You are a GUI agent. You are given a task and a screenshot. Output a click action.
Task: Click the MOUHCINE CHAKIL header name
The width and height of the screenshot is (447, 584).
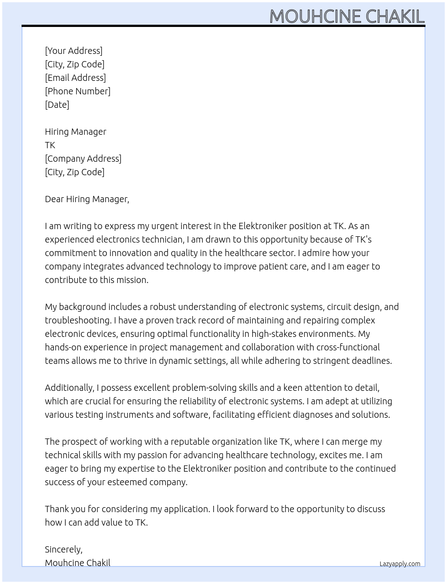[346, 17]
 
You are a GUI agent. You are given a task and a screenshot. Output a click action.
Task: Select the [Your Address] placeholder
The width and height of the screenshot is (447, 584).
[74, 51]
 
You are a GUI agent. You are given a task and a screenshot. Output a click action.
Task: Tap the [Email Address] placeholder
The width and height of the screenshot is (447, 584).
[75, 78]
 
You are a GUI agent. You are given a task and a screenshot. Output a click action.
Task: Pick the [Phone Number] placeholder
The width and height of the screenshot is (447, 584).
[78, 91]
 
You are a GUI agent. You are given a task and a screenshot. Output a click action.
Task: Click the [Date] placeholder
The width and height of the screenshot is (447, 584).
[57, 105]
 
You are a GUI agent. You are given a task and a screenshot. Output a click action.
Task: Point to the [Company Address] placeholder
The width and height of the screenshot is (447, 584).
[83, 159]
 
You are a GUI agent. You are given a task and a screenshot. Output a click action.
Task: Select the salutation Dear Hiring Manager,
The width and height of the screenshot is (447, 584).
[87, 199]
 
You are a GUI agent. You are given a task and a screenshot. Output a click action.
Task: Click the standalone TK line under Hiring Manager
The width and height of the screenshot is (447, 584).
[50, 145]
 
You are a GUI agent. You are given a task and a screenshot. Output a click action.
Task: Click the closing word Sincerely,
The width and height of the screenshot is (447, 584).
[64, 549]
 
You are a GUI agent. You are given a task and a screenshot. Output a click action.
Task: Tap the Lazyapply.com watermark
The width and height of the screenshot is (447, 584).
[400, 564]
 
